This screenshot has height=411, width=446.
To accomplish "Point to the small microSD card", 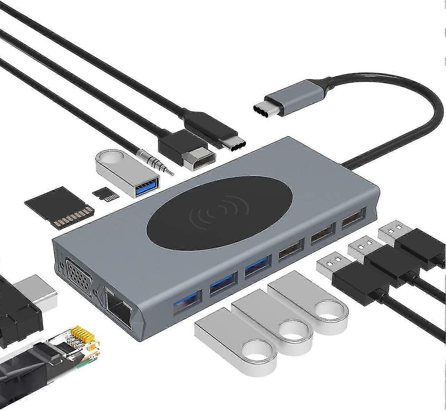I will [105, 194].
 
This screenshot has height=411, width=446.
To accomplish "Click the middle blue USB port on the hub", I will [223, 284].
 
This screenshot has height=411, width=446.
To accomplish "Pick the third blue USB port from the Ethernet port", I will [258, 266].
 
